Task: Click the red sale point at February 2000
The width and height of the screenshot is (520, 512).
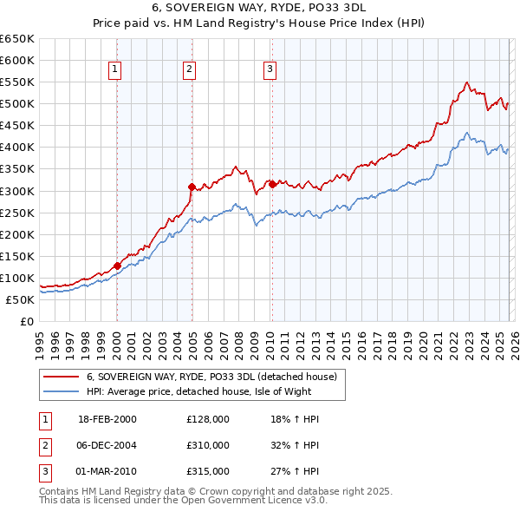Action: tap(117, 266)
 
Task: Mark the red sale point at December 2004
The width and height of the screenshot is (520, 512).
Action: tap(192, 186)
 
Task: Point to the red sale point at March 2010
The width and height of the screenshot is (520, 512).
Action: tap(272, 183)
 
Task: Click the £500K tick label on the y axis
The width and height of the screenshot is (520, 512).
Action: tap(17, 103)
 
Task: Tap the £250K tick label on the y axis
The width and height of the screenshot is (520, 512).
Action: tap(17, 213)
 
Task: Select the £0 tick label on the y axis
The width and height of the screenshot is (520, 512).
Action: tap(27, 321)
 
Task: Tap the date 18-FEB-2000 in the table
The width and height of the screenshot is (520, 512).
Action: tap(107, 419)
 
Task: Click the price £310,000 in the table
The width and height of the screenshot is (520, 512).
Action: tap(208, 444)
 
